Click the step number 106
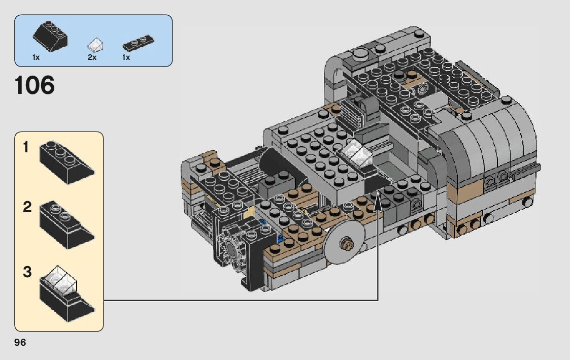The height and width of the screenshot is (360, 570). click(35, 85)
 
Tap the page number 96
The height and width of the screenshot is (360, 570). click(20, 343)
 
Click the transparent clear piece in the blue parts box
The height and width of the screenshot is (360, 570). click(95, 45)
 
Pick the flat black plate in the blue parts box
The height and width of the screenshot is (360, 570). click(139, 43)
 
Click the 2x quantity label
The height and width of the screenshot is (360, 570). click(92, 57)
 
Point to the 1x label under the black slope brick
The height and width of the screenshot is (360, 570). click(36, 57)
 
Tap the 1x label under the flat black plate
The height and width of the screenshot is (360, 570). click(126, 57)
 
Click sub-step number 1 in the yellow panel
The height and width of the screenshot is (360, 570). click(25, 147)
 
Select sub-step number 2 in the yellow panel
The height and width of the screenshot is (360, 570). click(27, 207)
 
